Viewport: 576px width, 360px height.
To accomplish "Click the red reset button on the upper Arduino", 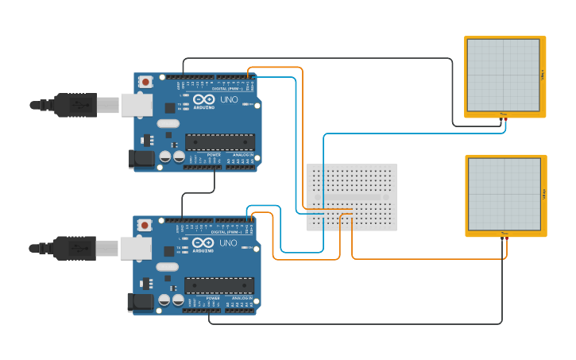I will tap(145, 82).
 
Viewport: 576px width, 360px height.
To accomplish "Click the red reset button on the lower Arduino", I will tap(145, 225).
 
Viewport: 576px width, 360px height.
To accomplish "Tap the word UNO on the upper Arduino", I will tap(229, 100).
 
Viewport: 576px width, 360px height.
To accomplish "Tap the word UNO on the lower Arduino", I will tap(229, 243).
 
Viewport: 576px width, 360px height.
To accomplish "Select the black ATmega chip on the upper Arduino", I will tap(220, 141).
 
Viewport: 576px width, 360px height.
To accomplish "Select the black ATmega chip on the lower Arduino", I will tap(219, 285).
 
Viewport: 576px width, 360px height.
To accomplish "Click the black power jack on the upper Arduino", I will tap(142, 159).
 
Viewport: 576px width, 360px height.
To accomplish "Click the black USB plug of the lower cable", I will tap(75, 248).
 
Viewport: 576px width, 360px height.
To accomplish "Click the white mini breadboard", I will tap(351, 197).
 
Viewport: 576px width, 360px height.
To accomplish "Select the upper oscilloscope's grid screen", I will tap(504, 75).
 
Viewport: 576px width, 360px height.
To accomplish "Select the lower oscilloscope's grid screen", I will tap(504, 194).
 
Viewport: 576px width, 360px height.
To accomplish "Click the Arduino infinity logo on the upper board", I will tap(203, 101).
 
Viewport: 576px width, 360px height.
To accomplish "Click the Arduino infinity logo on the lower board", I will tap(203, 243).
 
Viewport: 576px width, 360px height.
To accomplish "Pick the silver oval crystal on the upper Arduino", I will tap(168, 123).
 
